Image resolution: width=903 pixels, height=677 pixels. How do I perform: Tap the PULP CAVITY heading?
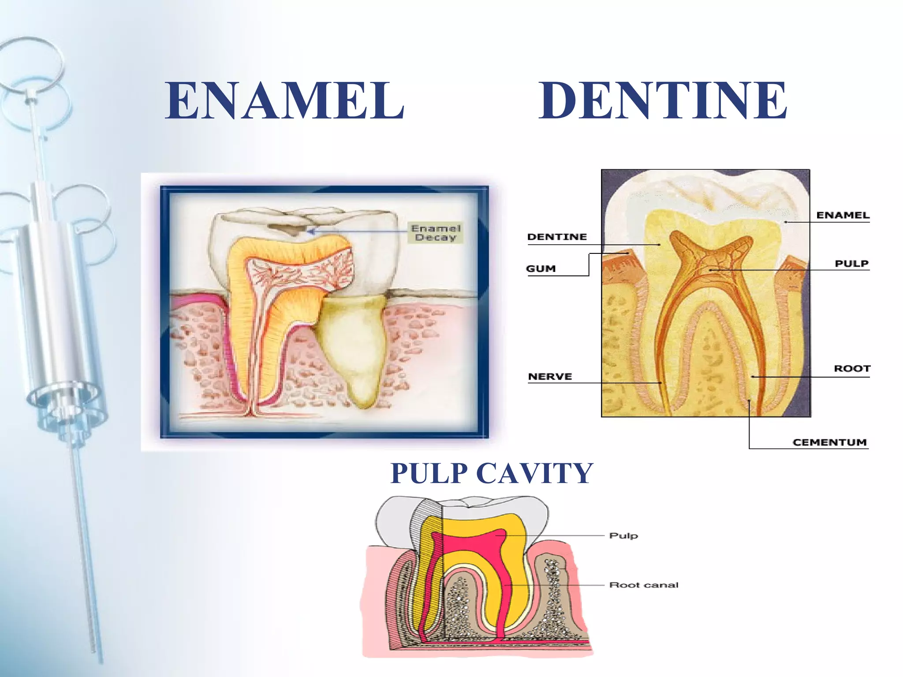[x=492, y=473]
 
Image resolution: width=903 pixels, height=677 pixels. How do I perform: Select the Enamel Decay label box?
[x=436, y=233]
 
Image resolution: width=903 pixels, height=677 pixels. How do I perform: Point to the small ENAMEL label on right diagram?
[x=843, y=215]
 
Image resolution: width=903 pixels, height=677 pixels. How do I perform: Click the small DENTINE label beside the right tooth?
[x=557, y=237]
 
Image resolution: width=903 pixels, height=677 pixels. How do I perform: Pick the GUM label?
[x=541, y=268]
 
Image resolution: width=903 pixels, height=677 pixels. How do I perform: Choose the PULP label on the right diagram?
[x=851, y=264]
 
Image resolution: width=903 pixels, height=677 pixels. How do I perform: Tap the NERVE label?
[x=550, y=376]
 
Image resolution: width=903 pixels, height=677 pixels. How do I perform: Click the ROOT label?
[x=852, y=368]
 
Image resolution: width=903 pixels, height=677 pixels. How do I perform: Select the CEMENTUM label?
[x=829, y=442]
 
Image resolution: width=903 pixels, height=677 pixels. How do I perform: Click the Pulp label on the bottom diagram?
[x=623, y=536]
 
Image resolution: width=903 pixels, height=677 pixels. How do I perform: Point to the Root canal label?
[x=643, y=585]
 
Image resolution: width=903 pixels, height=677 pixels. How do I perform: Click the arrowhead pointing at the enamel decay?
[x=311, y=231]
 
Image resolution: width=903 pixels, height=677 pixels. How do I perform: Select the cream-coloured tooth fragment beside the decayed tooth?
[x=353, y=344]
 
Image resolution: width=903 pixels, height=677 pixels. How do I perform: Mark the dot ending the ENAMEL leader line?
[x=785, y=222]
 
